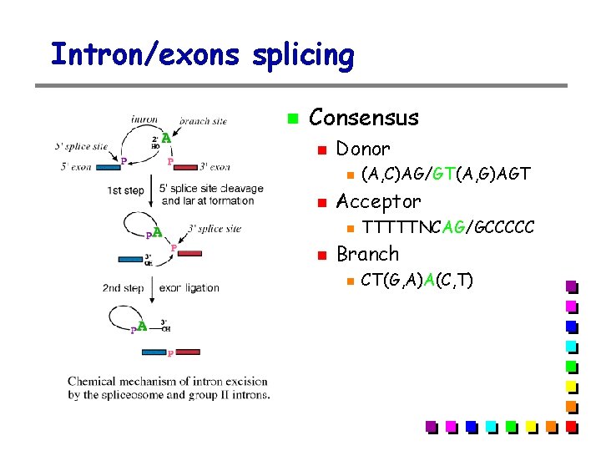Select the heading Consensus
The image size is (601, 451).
click(x=364, y=118)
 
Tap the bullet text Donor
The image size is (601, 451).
click(x=362, y=149)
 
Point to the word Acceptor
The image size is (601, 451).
click(x=378, y=201)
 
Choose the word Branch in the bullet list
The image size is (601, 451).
click(x=367, y=254)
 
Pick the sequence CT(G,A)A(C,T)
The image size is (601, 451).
click(x=417, y=280)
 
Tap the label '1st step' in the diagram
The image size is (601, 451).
click(x=125, y=191)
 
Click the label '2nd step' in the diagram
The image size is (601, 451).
click(x=123, y=288)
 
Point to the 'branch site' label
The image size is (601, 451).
click(x=203, y=120)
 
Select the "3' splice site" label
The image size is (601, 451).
click(x=215, y=228)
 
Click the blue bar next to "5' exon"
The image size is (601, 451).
click(x=107, y=167)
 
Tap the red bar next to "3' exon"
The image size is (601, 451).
click(x=186, y=167)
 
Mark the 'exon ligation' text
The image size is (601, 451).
click(x=189, y=288)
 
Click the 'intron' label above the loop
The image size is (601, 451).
click(x=144, y=119)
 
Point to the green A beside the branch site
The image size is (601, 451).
click(x=166, y=137)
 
